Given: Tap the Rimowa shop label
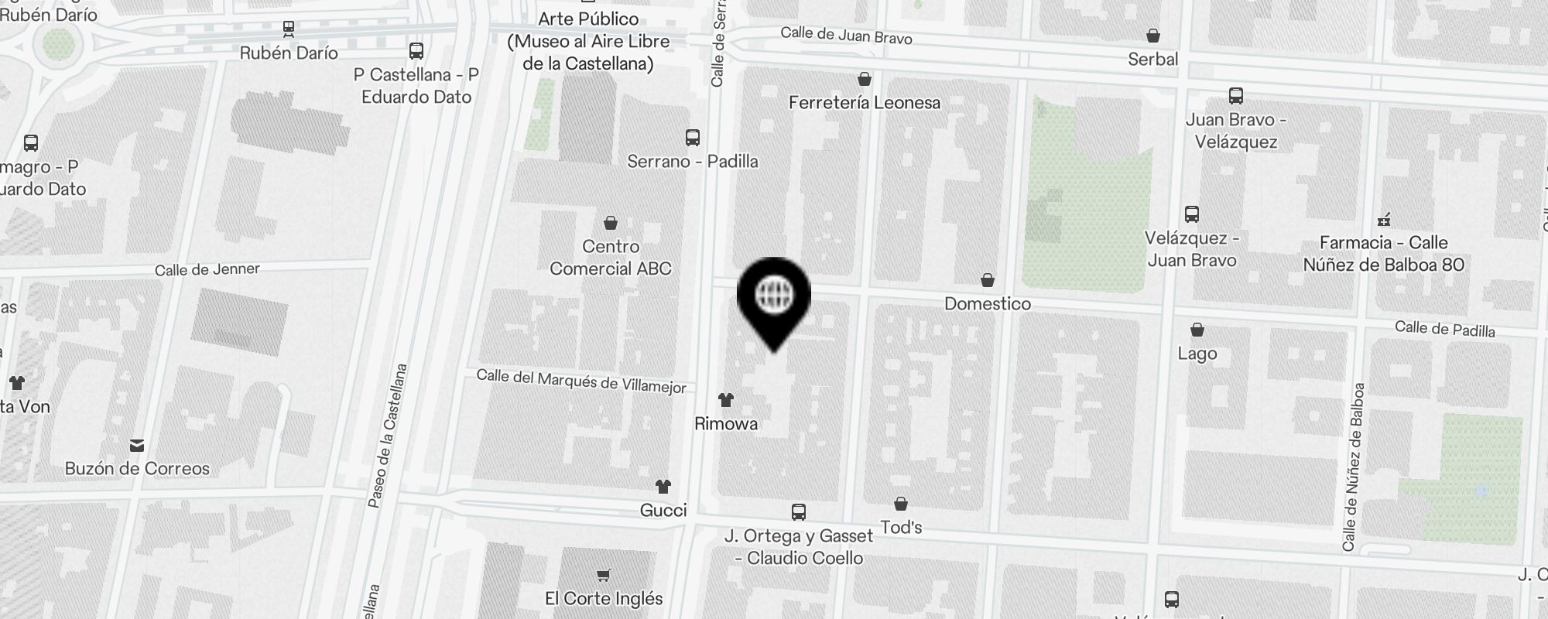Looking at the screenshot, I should (x=726, y=424).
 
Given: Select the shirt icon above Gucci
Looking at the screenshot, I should (x=663, y=487).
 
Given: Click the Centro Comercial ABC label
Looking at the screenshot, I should (x=611, y=258).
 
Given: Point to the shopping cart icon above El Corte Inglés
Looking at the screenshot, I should (x=604, y=575).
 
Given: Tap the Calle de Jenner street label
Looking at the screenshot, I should (x=207, y=269).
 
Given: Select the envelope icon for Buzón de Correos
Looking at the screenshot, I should (x=137, y=445).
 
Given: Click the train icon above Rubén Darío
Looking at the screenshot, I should (x=289, y=29).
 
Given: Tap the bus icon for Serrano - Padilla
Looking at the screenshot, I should (x=693, y=138).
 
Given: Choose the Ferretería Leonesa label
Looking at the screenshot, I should (x=865, y=103).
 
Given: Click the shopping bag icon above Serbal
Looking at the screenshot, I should (x=1153, y=36).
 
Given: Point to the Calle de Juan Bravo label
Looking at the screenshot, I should (x=846, y=35).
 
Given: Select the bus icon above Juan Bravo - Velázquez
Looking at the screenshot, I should (x=1236, y=96).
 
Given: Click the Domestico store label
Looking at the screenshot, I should (x=988, y=304).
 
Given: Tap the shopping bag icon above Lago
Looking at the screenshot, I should (x=1197, y=330).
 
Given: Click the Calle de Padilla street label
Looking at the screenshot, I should (x=1444, y=329).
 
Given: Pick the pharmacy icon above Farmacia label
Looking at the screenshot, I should (x=1385, y=220).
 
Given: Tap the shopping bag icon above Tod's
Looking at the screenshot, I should (x=901, y=504).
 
